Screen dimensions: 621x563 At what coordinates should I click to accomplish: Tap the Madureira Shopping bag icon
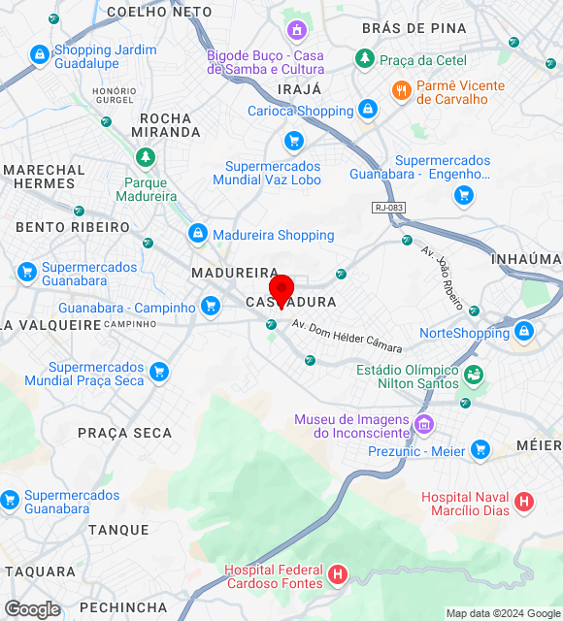point(198,234)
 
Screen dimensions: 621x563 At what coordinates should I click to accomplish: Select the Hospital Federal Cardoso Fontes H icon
point(337,575)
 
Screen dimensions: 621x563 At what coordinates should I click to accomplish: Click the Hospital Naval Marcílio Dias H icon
point(524,502)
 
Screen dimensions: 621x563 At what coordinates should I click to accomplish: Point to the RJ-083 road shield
point(387,208)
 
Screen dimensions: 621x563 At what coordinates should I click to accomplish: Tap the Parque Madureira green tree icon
point(146,157)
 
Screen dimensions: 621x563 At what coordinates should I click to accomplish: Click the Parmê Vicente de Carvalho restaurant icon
point(401,91)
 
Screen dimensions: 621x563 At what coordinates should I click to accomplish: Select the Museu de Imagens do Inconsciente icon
point(423,424)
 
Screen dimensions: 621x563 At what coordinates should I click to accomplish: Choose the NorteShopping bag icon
point(524,332)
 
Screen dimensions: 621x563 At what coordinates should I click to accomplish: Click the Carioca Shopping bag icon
point(367,110)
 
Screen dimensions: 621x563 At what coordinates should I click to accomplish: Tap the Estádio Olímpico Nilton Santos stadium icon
point(474,374)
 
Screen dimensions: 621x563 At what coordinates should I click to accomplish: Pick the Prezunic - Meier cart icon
point(480,450)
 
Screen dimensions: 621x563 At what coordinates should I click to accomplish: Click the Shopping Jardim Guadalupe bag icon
point(40,56)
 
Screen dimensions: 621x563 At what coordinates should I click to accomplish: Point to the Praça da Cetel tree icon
point(365,59)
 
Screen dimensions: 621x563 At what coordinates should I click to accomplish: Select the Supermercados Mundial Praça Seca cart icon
point(159,372)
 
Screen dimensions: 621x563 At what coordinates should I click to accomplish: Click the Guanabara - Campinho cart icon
point(211,308)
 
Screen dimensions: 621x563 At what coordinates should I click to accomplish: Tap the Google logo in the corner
point(32,609)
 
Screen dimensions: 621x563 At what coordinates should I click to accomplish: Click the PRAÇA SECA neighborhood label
point(124,433)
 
